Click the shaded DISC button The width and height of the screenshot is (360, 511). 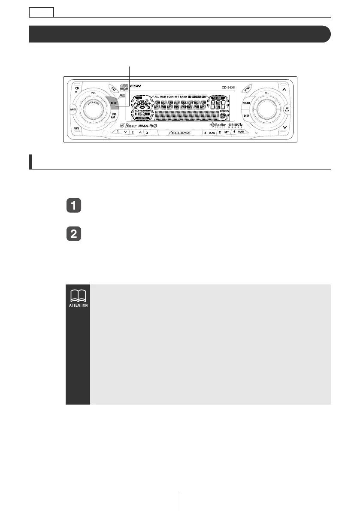pyautogui.click(x=113, y=103)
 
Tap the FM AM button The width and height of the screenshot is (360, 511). pyautogui.click(x=114, y=116)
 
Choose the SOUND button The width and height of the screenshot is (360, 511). pyautogui.click(x=246, y=103)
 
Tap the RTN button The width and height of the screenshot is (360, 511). pyautogui.click(x=287, y=109)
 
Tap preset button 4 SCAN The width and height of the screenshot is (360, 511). pyautogui.click(x=209, y=133)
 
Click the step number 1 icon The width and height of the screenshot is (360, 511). pyautogui.click(x=74, y=206)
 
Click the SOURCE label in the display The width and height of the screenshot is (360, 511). pyautogui.click(x=217, y=98)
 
